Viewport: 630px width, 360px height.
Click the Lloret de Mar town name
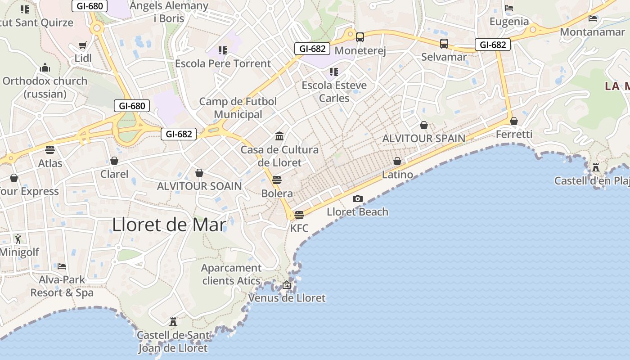(169, 225)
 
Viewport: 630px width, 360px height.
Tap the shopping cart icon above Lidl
(82, 45)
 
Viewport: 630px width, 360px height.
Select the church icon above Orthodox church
(45, 68)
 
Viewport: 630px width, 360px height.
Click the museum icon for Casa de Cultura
(279, 136)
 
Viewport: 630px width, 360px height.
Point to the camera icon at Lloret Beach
(358, 198)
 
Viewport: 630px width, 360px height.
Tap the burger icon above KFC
(299, 215)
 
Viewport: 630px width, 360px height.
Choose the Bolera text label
(277, 193)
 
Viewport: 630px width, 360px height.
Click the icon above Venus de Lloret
(287, 285)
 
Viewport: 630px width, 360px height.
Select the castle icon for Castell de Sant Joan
(173, 322)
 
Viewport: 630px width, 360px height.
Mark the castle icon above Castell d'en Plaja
(596, 167)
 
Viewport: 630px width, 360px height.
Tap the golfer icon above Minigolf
(18, 238)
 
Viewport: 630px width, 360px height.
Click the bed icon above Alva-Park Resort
(62, 266)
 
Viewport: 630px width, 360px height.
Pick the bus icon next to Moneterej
(360, 37)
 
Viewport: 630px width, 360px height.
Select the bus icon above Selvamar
(444, 43)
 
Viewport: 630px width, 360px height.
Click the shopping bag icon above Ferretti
(514, 121)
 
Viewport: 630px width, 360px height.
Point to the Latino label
(397, 175)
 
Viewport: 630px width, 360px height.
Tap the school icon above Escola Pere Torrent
(223, 50)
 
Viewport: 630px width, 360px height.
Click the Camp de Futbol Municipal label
(238, 108)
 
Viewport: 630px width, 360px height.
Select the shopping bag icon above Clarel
(114, 161)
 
